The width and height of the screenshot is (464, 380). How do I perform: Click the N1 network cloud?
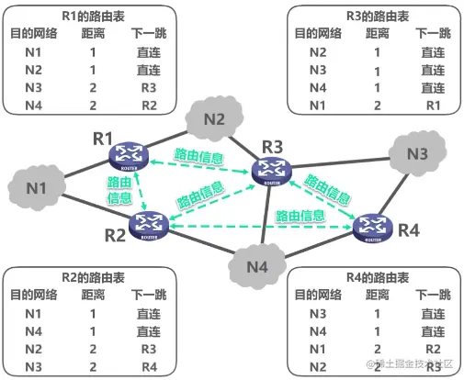click(36, 189)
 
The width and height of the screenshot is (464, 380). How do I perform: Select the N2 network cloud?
click(213, 119)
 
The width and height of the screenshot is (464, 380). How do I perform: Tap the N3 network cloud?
click(416, 154)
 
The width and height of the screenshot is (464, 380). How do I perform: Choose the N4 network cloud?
click(258, 267)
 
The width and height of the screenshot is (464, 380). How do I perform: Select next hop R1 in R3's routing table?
click(432, 106)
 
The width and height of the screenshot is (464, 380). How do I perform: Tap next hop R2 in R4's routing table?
click(432, 348)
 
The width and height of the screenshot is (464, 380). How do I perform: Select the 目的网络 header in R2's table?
click(34, 295)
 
